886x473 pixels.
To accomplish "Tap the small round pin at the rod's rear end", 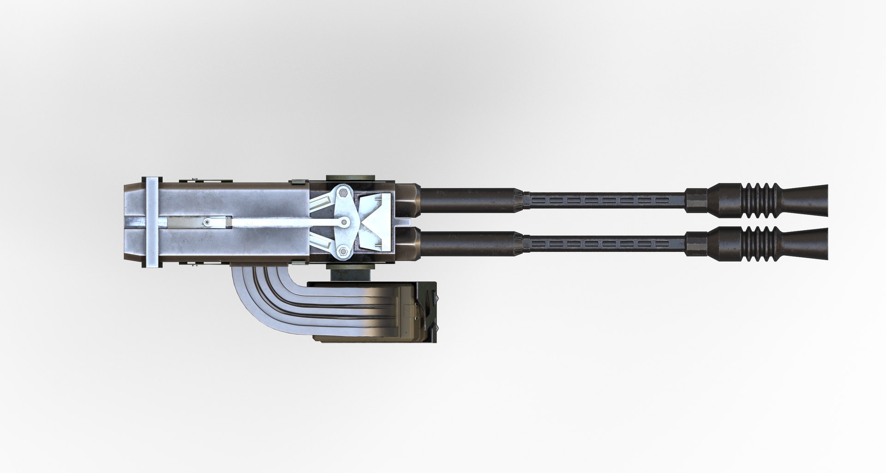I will coord(207,224).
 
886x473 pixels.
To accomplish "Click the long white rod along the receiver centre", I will coord(277,224).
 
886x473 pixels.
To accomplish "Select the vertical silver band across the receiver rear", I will coord(152,223).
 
